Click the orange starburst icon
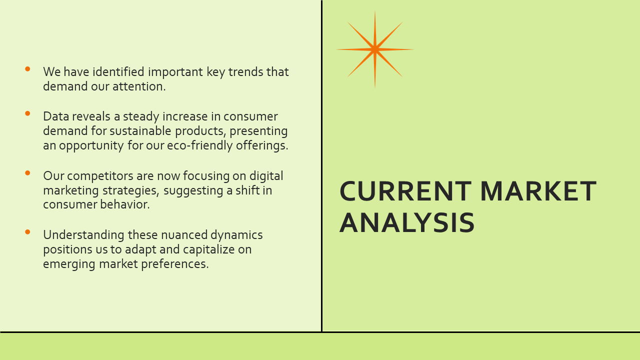[x=375, y=49]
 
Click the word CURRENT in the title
[x=405, y=191]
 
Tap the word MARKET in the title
[x=538, y=191]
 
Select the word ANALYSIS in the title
[x=407, y=222]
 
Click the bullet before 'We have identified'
[x=27, y=69]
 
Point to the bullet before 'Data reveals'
[x=27, y=113]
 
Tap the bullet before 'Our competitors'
[x=27, y=173]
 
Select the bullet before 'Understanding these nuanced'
[x=27, y=232]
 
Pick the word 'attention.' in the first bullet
[x=139, y=86]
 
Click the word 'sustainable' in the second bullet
[x=140, y=131]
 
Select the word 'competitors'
[x=100, y=176]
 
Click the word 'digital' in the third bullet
[x=266, y=176]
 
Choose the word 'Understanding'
[x=83, y=235]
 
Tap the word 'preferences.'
[x=175, y=264]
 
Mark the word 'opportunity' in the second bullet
[x=91, y=145]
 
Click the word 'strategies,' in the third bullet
[x=131, y=190]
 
